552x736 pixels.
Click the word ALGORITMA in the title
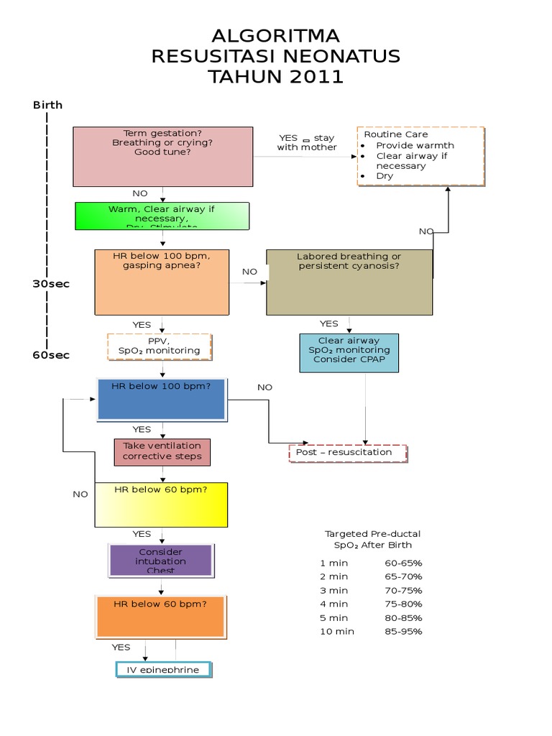(x=276, y=37)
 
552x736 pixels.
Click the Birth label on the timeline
(x=47, y=105)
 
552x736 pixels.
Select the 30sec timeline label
(x=51, y=284)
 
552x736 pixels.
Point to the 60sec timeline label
(x=51, y=354)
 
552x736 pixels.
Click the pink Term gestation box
(x=163, y=157)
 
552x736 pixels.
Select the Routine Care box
(x=420, y=156)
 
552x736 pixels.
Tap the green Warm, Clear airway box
(x=162, y=216)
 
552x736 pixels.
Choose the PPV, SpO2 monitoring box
(x=160, y=346)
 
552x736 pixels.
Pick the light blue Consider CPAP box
(x=349, y=352)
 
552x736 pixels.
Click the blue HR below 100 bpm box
(x=162, y=400)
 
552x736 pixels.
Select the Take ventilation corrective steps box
(x=162, y=451)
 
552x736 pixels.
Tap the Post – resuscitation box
(x=348, y=453)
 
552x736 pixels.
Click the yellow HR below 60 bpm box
(x=162, y=505)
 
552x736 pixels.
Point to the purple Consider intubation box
(x=161, y=561)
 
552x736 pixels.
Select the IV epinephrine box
(x=164, y=669)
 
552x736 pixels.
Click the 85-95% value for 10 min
(x=403, y=632)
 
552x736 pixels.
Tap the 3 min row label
(x=333, y=590)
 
